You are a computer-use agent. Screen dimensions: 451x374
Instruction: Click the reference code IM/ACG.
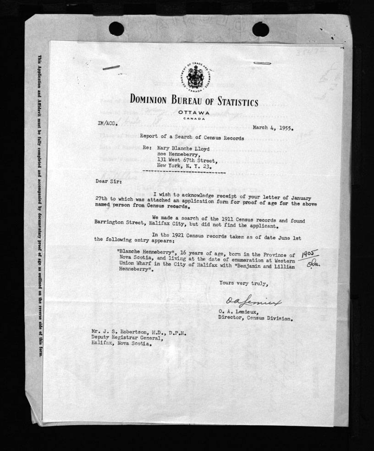point(106,123)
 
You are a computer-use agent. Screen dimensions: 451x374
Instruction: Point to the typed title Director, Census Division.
point(255,317)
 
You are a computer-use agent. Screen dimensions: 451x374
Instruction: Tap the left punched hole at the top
point(116,28)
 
